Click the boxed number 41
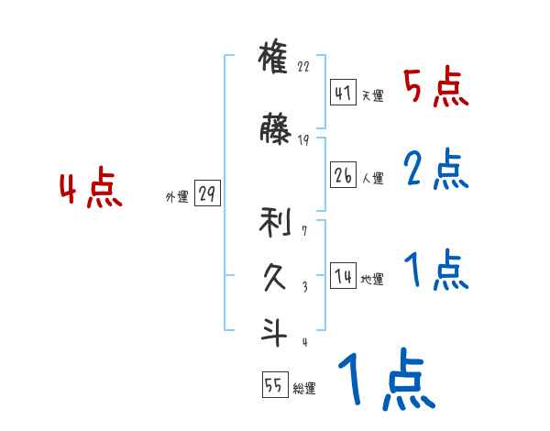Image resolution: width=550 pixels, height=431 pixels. click(x=343, y=94)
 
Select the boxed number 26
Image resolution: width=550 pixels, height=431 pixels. click(x=343, y=175)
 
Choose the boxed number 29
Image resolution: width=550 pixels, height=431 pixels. click(x=207, y=194)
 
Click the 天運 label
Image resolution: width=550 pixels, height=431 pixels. click(x=372, y=95)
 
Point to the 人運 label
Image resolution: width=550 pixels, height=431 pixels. click(x=372, y=177)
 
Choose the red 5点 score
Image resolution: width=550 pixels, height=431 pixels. click(x=434, y=88)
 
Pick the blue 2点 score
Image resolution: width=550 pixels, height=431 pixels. click(x=434, y=169)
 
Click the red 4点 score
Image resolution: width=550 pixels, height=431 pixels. click(x=90, y=191)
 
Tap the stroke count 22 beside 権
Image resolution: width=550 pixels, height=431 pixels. click(x=304, y=66)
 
